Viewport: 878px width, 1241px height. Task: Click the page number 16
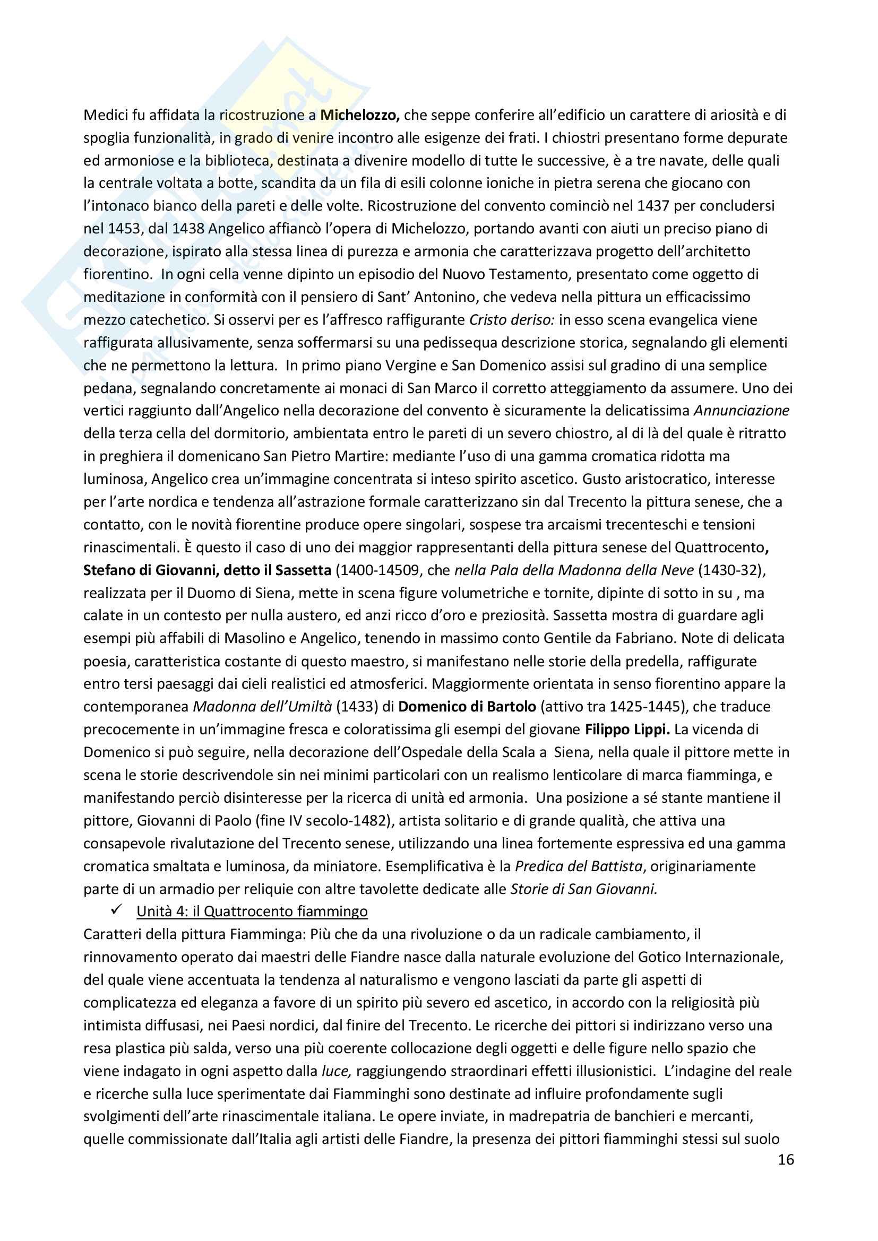click(x=786, y=1159)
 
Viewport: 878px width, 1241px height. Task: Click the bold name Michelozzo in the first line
click(x=359, y=115)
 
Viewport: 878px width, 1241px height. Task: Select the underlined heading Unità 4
click(x=252, y=912)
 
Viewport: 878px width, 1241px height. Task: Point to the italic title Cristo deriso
click(x=511, y=320)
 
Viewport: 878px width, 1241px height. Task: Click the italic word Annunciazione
click(x=741, y=411)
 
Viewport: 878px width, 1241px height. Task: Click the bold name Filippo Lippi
click(x=627, y=730)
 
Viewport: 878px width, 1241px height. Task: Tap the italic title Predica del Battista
click(x=579, y=866)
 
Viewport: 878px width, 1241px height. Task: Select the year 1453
click(x=124, y=229)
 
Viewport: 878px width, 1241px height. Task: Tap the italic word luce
click(x=336, y=1071)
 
